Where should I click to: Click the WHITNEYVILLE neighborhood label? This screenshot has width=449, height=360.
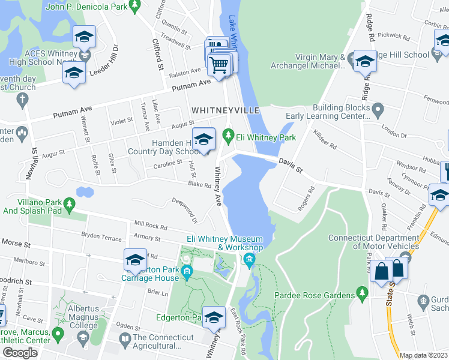(x=225, y=111)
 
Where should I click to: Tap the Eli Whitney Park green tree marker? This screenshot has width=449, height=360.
(x=228, y=134)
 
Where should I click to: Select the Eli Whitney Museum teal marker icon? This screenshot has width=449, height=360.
(x=249, y=259)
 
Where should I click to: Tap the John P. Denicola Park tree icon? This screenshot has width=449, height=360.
(x=136, y=6)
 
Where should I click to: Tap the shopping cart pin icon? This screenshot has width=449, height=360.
(x=220, y=64)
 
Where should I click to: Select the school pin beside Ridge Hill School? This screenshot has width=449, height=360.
(x=364, y=62)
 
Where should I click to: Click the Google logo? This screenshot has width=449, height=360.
(x=20, y=353)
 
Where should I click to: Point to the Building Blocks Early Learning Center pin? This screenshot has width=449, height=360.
(x=378, y=109)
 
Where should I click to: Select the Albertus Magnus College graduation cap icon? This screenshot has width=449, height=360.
(x=83, y=340)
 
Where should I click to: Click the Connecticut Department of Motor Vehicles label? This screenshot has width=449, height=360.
(x=373, y=242)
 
